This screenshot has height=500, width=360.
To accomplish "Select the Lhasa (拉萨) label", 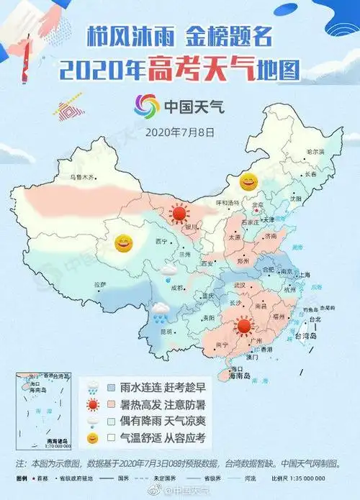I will coord(99,285).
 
